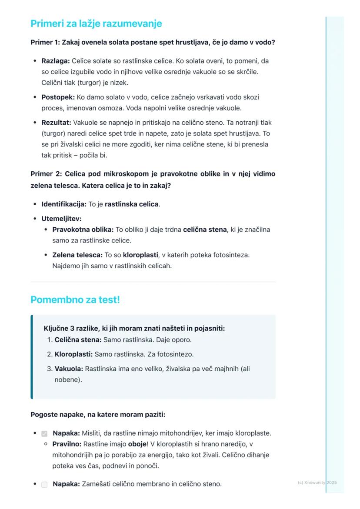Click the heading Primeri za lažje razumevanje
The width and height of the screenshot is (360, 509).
pyautogui.click(x=96, y=23)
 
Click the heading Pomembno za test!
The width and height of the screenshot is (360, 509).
pyautogui.click(x=75, y=299)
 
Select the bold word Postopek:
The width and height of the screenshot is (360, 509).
pyautogui.click(x=58, y=97)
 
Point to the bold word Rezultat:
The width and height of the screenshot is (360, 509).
pyautogui.click(x=57, y=123)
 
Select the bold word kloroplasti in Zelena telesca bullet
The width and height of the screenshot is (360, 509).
pyautogui.click(x=140, y=255)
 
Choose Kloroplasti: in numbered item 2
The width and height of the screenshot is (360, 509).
pyautogui.click(x=73, y=354)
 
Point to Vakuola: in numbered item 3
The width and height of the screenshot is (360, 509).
pyautogui.click(x=69, y=369)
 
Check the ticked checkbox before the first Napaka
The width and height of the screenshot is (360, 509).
pyautogui.click(x=44, y=434)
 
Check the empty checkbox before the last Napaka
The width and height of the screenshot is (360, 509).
pyautogui.click(x=44, y=484)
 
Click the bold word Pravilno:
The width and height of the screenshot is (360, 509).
pyautogui.click(x=67, y=444)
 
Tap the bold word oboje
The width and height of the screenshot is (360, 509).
pyautogui.click(x=137, y=444)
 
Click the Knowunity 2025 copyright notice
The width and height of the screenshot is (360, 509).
pyautogui.click(x=317, y=482)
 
